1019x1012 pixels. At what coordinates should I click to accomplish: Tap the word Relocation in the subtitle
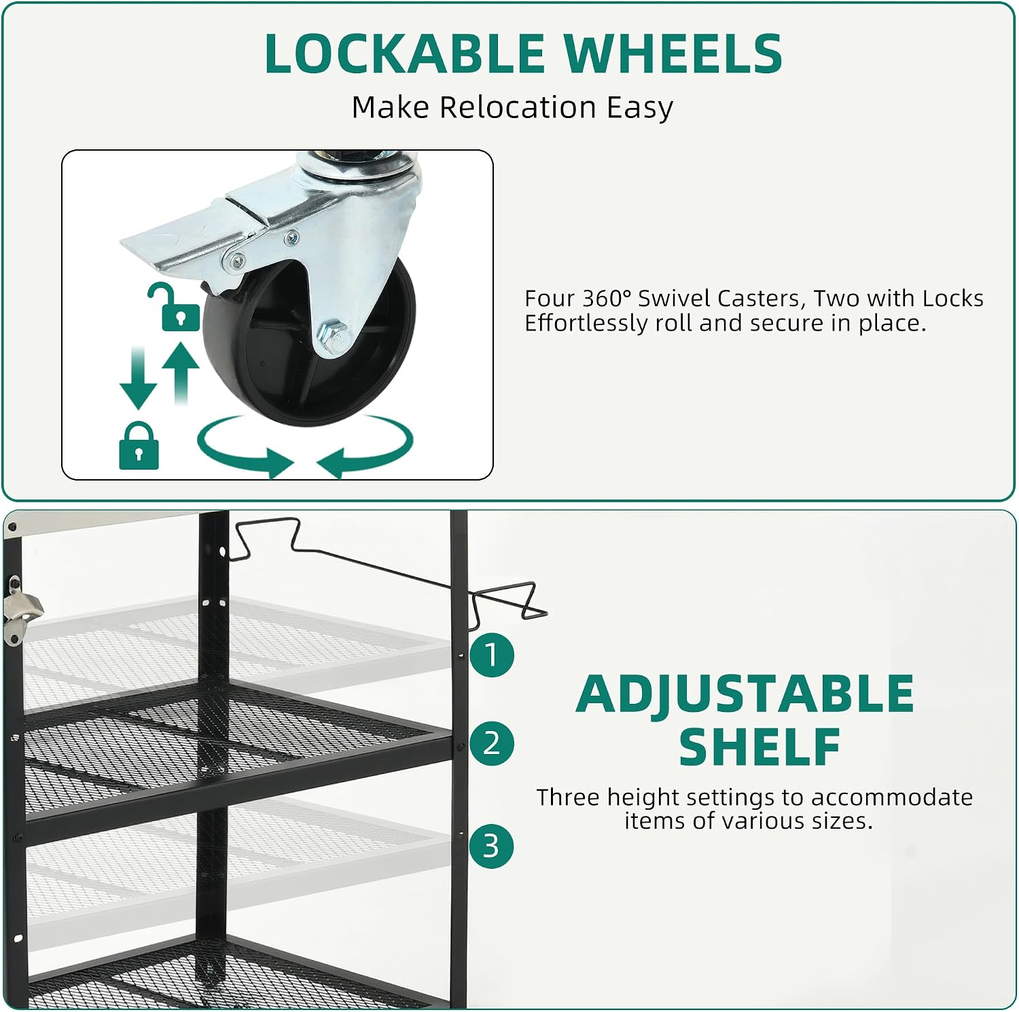(x=518, y=107)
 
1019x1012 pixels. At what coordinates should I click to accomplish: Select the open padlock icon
(x=173, y=307)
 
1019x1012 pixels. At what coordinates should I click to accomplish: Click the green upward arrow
(x=181, y=373)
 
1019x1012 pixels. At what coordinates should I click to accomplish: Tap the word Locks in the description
(x=952, y=299)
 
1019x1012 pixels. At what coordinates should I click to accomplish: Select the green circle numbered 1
(x=491, y=655)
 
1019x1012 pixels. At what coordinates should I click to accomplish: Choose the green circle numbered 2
(x=491, y=743)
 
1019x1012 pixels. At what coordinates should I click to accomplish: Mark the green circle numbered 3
(x=491, y=846)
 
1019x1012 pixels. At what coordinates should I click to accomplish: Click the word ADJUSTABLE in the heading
(x=745, y=694)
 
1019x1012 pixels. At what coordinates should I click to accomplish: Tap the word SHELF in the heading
(x=759, y=747)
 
